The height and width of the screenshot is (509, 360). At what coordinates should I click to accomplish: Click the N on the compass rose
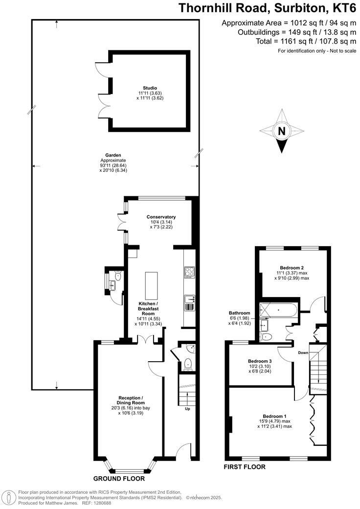(x=281, y=131)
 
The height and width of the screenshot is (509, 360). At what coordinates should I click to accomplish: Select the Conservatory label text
(x=161, y=217)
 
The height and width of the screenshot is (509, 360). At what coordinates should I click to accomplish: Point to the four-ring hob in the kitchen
(x=189, y=272)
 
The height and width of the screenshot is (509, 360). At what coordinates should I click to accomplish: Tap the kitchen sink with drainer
(x=189, y=303)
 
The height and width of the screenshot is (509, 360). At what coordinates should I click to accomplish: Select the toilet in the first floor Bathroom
(x=266, y=337)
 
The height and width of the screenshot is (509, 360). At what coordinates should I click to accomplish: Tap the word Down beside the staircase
(x=303, y=352)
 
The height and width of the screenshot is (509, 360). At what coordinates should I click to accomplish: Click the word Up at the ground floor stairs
(x=187, y=409)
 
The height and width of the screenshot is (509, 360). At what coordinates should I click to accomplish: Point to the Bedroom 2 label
(x=292, y=268)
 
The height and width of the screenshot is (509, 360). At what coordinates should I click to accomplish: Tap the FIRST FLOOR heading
(x=245, y=467)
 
